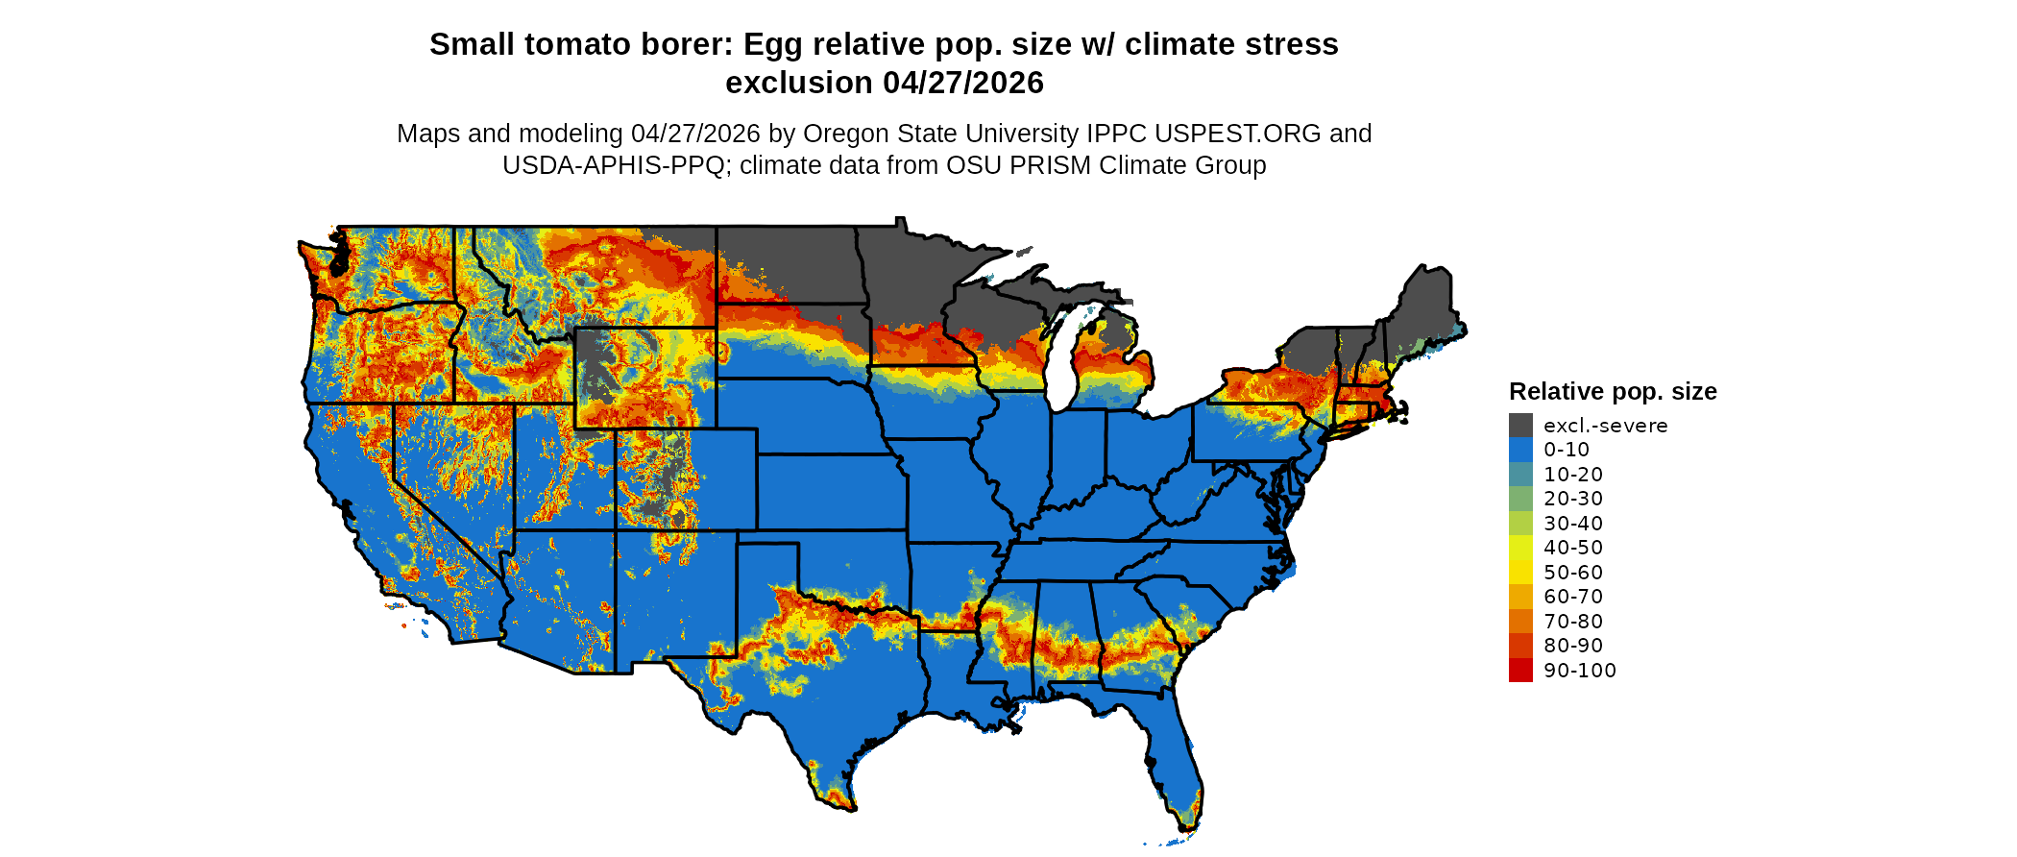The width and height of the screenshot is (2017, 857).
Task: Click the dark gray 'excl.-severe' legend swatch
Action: [x=1520, y=425]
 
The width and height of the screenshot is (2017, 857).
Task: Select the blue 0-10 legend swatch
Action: [x=1520, y=450]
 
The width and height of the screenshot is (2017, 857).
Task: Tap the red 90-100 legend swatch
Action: [x=1520, y=670]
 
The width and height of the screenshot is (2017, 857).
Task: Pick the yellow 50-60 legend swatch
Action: [x=1520, y=572]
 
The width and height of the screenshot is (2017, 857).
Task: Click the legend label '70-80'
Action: [x=1573, y=621]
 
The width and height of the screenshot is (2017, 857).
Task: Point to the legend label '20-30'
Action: [x=1573, y=498]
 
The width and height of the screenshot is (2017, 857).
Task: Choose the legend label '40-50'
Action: [x=1573, y=548]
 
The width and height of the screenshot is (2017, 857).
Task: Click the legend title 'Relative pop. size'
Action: [x=1613, y=391]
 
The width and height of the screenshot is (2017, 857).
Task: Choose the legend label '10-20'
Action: [x=1573, y=474]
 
